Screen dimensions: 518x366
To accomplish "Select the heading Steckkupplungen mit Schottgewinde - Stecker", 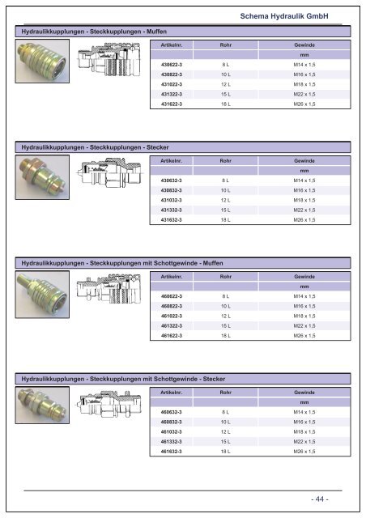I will (x=123, y=380).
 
